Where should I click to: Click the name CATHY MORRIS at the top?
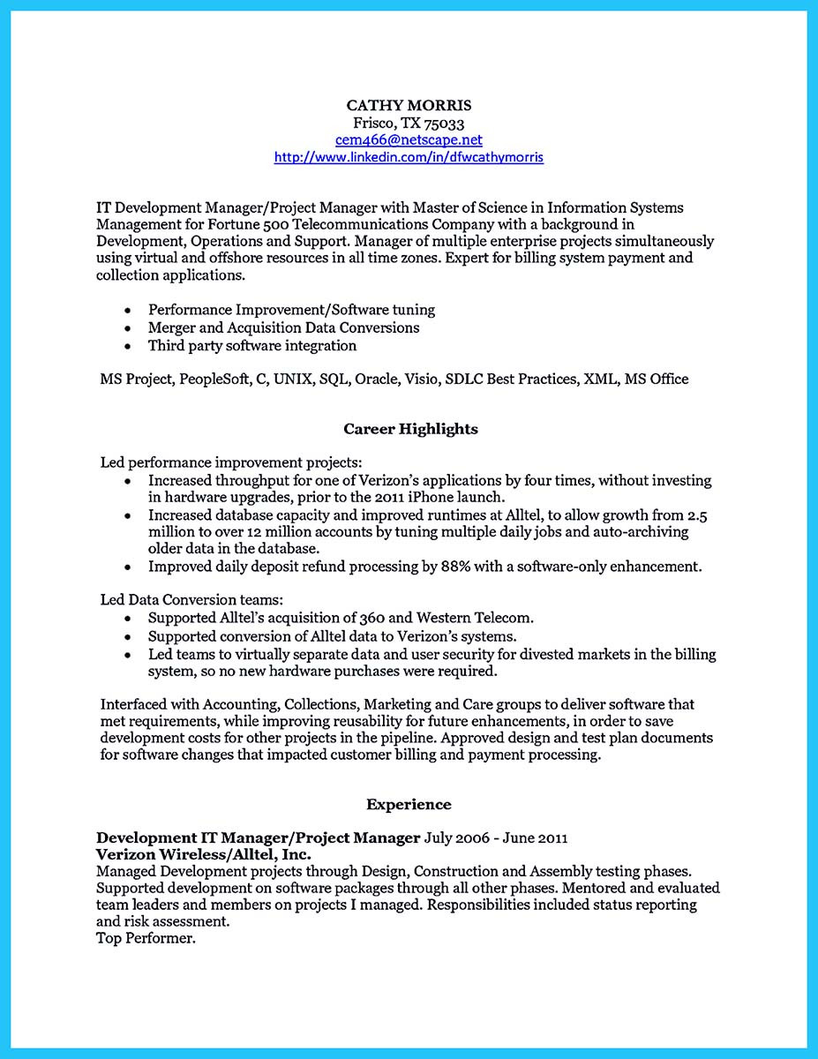point(409,105)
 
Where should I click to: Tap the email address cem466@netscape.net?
point(409,140)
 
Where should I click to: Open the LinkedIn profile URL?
point(409,157)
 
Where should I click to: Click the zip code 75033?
point(446,124)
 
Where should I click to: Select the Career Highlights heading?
point(410,429)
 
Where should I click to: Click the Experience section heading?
point(409,804)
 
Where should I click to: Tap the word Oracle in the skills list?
point(377,379)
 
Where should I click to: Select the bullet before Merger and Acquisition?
point(129,328)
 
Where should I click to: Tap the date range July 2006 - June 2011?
point(496,837)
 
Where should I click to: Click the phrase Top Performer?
point(146,938)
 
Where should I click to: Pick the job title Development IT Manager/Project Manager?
point(259,837)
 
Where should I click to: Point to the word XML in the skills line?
point(599,379)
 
